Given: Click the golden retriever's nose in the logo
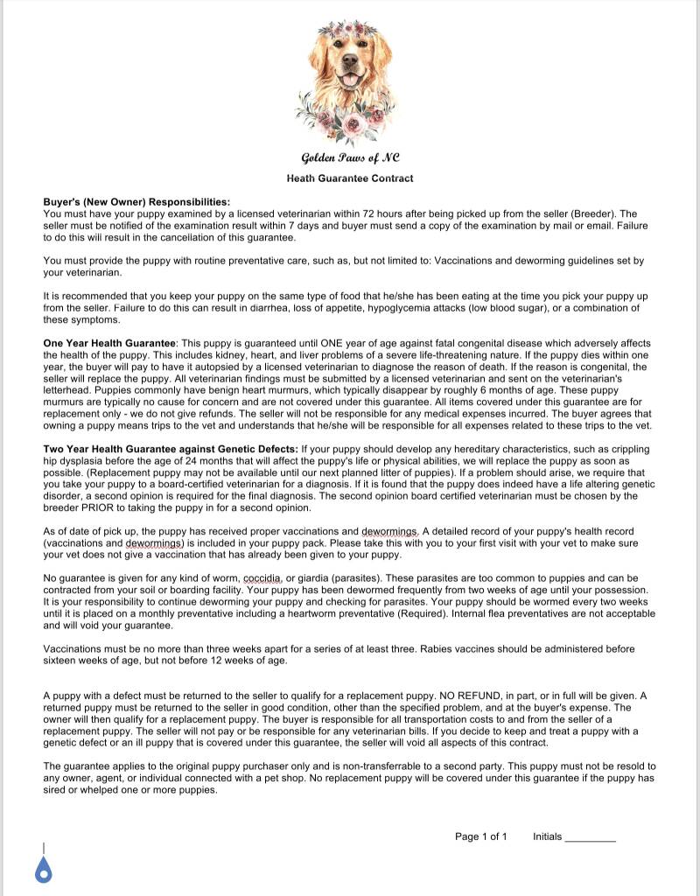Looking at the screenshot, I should click(350, 63).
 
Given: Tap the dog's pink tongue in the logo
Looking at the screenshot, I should click(350, 80).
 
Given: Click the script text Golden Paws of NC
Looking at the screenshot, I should click(350, 158).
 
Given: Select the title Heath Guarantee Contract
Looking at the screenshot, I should click(350, 178).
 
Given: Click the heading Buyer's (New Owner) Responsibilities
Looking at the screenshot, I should click(136, 202).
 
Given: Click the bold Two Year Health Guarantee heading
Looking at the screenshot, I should click(171, 449).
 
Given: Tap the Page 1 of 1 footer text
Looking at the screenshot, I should click(480, 836).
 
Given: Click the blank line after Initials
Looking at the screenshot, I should click(591, 837).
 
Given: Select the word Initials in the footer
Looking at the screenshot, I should click(547, 836).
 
